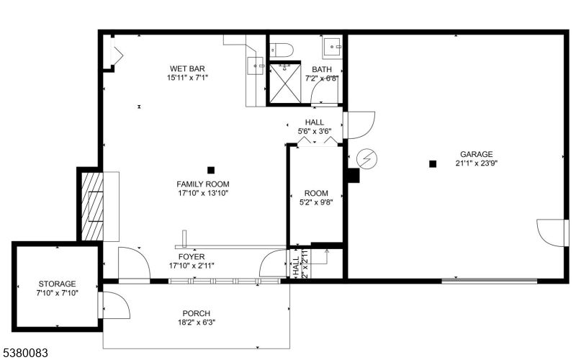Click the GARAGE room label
tap(477, 154)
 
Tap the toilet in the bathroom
tap(282, 50)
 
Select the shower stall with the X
tap(285, 84)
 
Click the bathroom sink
tap(332, 47)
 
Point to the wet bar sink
tap(256, 66)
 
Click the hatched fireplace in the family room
tap(92, 207)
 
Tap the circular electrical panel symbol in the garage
tap(366, 158)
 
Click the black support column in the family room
tap(211, 170)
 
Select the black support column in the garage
tap(433, 164)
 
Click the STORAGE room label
tap(58, 284)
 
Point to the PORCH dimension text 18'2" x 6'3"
tap(197, 323)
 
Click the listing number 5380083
tap(24, 354)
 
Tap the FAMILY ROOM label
tap(203, 184)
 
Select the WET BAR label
tap(187, 68)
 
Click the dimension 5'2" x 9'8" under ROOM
tap(316, 202)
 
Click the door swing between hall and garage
tap(359, 125)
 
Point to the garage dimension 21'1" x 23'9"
tap(477, 163)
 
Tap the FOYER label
tap(192, 257)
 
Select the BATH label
tap(322, 69)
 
